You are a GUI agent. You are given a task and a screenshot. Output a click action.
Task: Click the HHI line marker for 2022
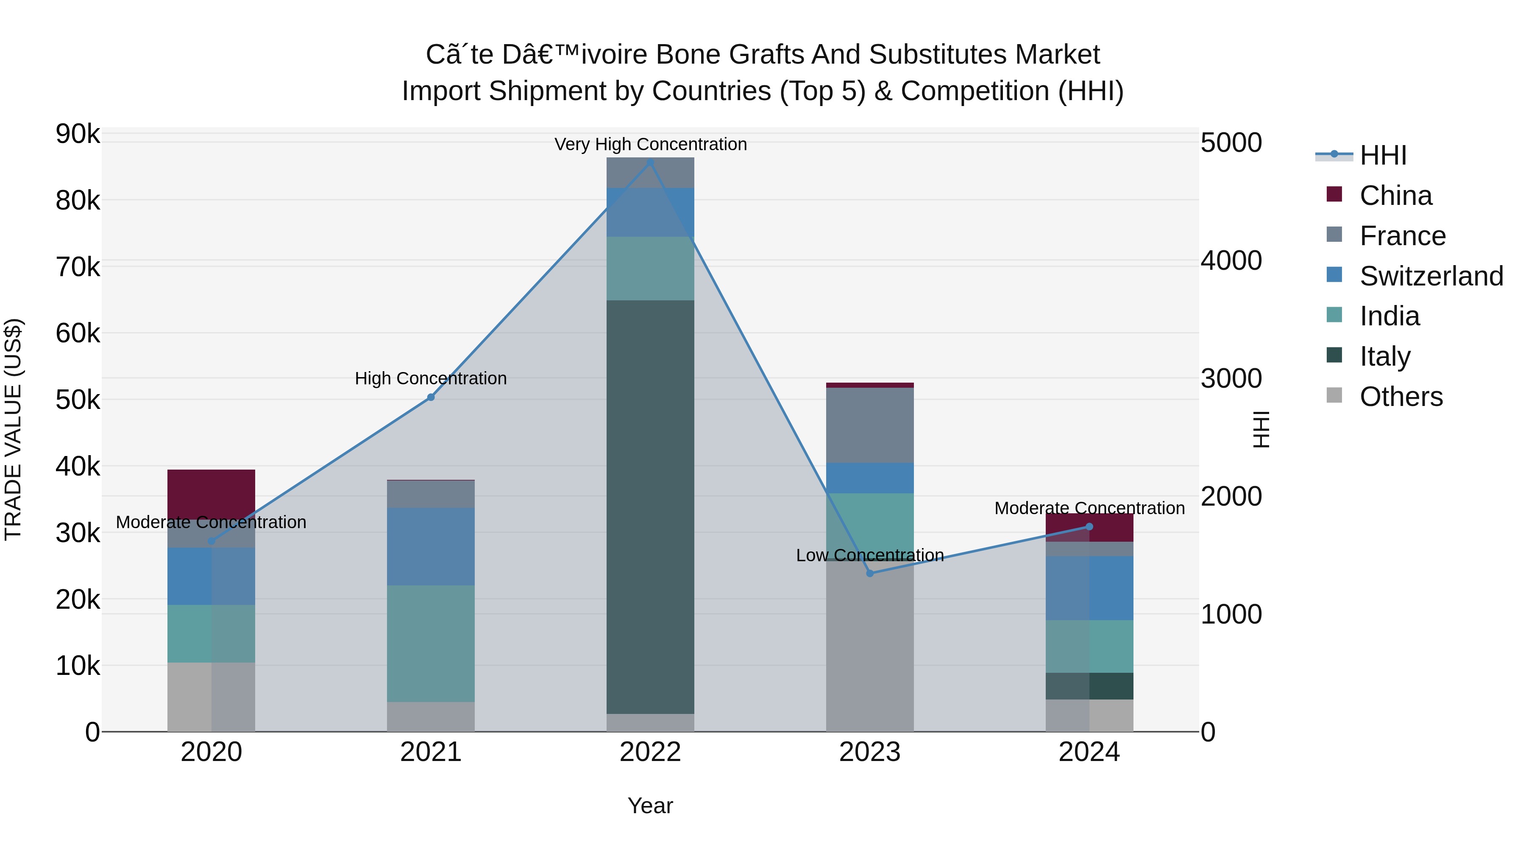pos(650,162)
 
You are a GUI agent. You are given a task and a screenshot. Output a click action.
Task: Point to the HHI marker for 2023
pos(870,573)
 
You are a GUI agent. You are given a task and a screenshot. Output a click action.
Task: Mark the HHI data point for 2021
pos(431,397)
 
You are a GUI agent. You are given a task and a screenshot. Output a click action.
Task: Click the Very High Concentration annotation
pos(650,144)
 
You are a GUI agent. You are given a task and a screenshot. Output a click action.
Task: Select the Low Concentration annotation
pos(870,555)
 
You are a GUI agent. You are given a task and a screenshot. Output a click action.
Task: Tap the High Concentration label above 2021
pos(431,378)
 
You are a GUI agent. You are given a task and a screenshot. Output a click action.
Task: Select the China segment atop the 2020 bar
pos(211,494)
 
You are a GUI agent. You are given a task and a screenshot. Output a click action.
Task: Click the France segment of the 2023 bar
pos(870,425)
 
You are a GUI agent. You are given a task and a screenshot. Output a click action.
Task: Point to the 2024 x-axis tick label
pos(1089,752)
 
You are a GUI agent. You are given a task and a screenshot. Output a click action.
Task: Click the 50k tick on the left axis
pos(78,400)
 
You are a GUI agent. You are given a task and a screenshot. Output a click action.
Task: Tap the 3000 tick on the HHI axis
pos(1231,379)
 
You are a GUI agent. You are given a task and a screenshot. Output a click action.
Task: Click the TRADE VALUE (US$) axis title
pos(13,429)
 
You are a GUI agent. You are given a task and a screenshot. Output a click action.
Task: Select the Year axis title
pos(650,806)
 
